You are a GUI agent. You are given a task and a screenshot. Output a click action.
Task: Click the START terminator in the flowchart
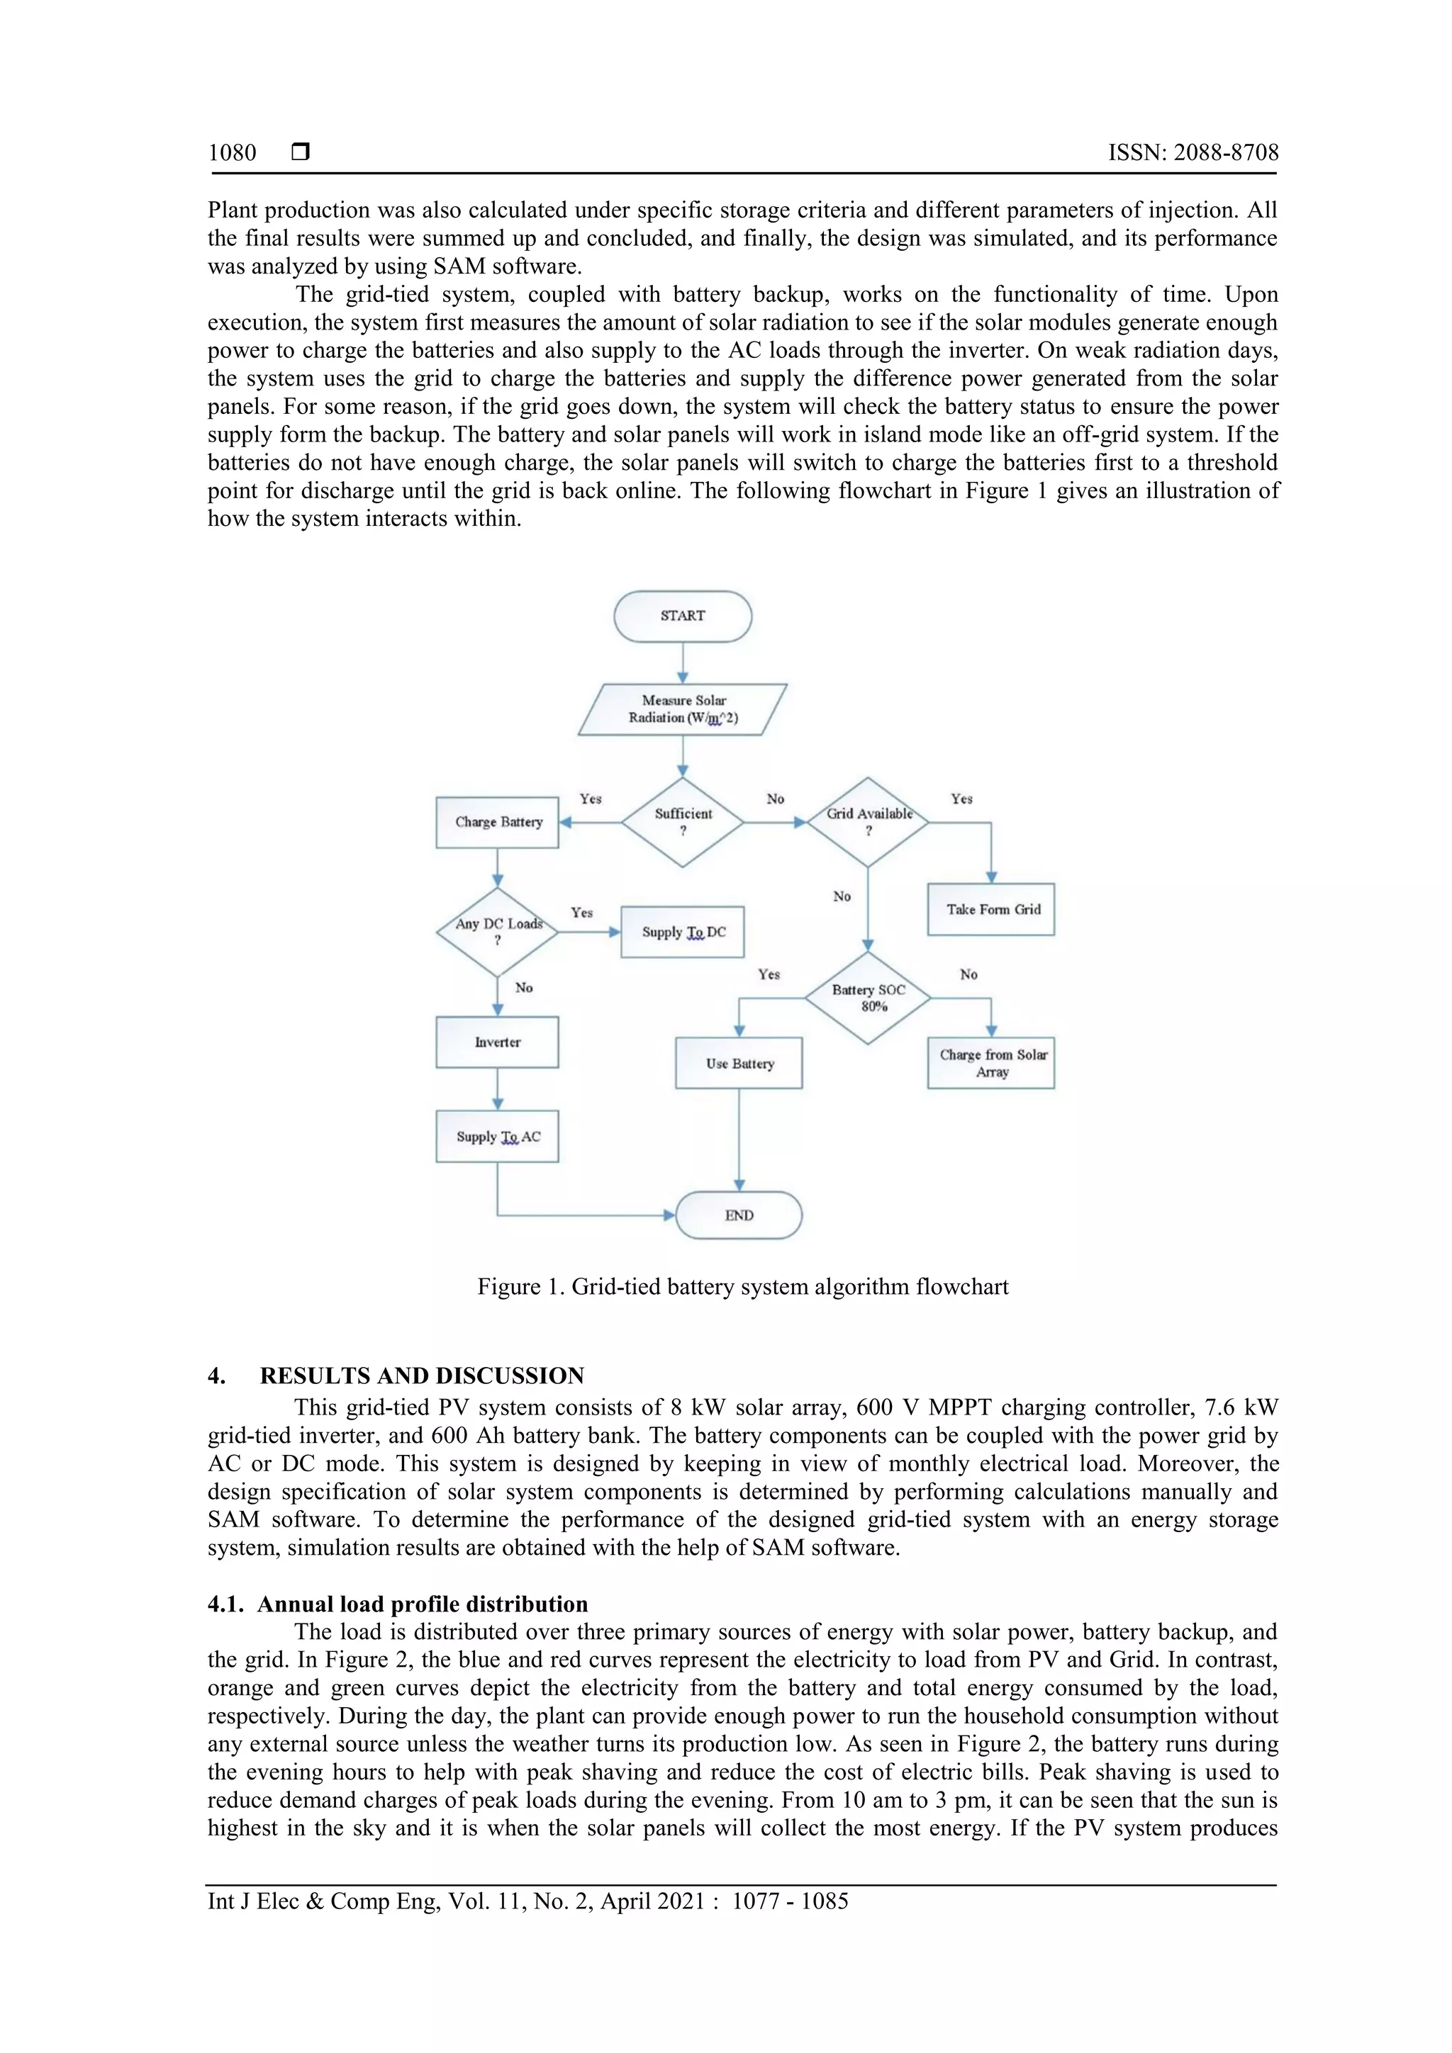(682, 615)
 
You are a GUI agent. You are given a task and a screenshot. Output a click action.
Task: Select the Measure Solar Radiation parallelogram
(682, 709)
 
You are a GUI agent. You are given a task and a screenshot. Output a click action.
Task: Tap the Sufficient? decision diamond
(682, 822)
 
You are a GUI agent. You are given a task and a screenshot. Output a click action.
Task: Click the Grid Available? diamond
(868, 822)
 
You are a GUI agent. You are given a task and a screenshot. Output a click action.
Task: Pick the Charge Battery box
(498, 822)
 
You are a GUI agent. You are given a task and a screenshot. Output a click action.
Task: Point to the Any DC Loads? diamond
(498, 932)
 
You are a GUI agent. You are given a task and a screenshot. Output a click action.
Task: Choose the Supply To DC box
(682, 932)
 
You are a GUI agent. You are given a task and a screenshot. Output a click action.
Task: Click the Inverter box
(498, 1042)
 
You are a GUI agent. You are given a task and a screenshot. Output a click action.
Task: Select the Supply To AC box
(498, 1137)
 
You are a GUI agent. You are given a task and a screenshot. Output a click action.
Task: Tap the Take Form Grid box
(991, 909)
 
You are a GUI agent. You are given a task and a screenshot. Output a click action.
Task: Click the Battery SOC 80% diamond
(868, 998)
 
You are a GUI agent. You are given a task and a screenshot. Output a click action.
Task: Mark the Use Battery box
(739, 1063)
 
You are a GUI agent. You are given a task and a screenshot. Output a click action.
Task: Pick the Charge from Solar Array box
(991, 1063)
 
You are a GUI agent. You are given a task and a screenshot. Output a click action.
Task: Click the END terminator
(739, 1215)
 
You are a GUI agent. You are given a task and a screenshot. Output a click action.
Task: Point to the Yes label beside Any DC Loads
(581, 912)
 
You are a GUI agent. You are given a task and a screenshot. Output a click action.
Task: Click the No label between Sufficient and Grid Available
(775, 799)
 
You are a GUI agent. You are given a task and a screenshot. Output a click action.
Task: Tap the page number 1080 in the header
(232, 153)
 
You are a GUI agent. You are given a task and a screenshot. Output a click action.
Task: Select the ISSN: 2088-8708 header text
(1193, 153)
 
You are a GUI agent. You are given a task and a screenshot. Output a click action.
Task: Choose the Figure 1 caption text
(742, 1287)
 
